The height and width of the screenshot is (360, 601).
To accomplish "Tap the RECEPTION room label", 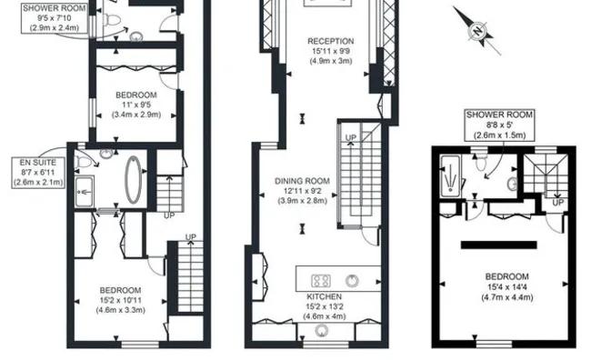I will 330,41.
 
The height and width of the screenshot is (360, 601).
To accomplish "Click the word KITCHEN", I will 324,297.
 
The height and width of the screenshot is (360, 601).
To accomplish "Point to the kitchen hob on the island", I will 322,279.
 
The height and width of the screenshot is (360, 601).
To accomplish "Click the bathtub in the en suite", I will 133,177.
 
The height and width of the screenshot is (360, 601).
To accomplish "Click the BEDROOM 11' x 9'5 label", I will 135,95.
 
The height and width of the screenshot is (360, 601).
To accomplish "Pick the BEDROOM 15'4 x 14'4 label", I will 506,277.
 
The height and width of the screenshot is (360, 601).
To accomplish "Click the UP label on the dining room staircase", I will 351,137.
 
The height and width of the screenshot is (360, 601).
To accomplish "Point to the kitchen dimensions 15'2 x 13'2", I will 324,307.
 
